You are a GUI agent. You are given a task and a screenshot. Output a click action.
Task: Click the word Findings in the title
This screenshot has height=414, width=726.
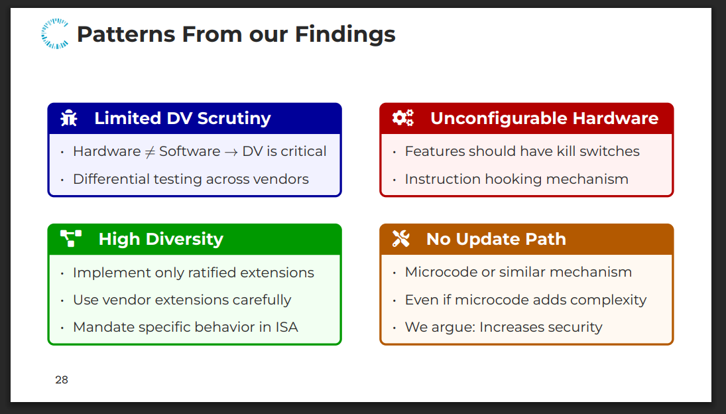(345, 34)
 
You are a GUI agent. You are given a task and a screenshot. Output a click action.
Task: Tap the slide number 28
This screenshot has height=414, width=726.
(62, 379)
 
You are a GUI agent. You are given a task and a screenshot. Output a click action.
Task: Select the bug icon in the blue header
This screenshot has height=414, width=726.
(69, 118)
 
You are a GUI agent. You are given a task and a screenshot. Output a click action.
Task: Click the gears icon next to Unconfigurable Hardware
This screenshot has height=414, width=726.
(403, 118)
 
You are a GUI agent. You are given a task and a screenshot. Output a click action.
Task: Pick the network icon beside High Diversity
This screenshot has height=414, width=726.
(71, 238)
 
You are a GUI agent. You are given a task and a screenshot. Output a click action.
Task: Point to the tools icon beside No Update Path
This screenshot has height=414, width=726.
(401, 238)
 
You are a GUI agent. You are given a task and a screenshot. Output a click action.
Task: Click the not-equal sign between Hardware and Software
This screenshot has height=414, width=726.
(150, 152)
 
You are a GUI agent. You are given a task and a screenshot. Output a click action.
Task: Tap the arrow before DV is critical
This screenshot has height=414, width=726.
(231, 153)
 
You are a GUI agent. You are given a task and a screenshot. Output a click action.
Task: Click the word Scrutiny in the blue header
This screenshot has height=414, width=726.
(234, 119)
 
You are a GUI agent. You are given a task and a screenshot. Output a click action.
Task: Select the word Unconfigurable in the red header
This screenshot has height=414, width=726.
(499, 119)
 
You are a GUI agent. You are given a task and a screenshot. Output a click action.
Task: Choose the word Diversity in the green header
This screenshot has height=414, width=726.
(184, 240)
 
